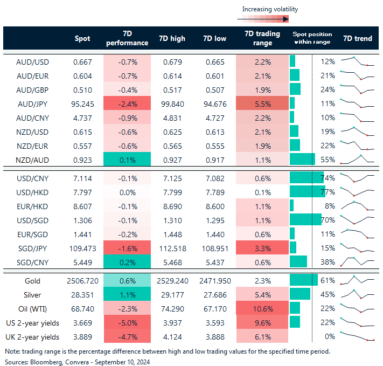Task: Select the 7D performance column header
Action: point(127,38)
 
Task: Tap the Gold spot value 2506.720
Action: point(82,281)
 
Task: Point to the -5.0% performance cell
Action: point(127,322)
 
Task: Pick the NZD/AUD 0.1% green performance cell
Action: point(127,160)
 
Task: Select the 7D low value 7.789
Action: point(215,192)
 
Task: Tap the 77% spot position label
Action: point(328,192)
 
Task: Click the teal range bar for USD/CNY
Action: point(303,178)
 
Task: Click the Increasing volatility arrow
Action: point(263,19)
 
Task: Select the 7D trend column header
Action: point(357,38)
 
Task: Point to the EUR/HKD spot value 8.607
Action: point(82,206)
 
